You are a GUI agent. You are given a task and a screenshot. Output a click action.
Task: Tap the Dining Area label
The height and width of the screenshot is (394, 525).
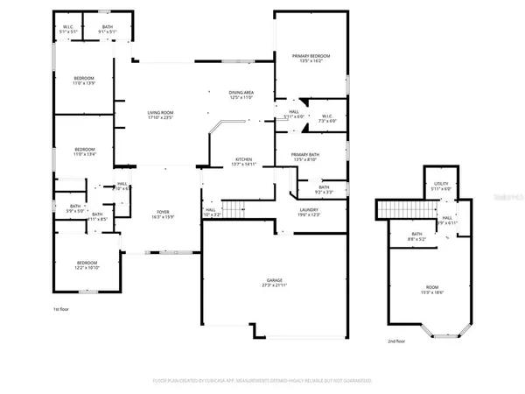tap(241, 95)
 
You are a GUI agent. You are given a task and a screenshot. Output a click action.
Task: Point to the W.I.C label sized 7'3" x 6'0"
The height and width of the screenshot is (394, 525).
tap(327, 117)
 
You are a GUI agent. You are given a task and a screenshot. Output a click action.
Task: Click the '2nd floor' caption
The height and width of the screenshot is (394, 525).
tap(397, 341)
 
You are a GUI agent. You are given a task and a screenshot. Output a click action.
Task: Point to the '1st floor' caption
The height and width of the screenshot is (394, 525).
tap(60, 310)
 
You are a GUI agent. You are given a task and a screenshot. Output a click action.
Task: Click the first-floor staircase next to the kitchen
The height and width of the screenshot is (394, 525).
tap(233, 208)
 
